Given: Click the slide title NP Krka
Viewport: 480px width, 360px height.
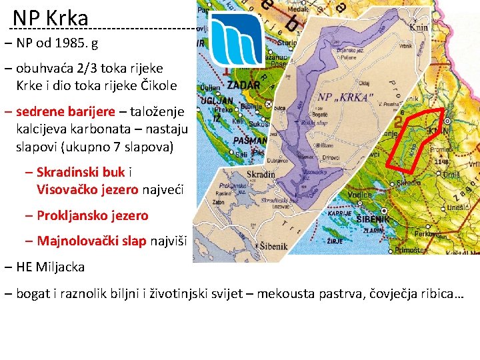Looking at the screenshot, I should (50, 18).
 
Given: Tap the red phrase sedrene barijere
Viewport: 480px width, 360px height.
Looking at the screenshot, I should (65, 111).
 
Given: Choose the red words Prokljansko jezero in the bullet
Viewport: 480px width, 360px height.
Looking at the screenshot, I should (93, 215).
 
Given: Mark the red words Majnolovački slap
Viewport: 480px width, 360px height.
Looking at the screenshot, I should (91, 241).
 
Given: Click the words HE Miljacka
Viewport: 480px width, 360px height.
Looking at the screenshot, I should (51, 267).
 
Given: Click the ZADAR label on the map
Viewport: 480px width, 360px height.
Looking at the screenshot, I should (243, 86).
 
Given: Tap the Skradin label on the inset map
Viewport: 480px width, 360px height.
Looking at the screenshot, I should (261, 175).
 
